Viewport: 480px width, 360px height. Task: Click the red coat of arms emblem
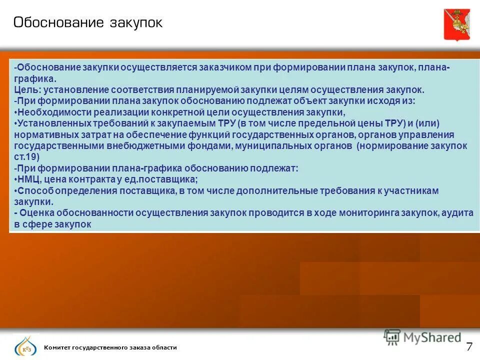coord(456,24)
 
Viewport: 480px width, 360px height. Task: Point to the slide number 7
coord(469,346)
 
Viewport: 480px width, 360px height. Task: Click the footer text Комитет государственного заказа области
coord(110,347)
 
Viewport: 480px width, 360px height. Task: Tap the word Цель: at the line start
coord(27,90)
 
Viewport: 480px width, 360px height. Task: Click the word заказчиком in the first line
coord(223,68)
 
